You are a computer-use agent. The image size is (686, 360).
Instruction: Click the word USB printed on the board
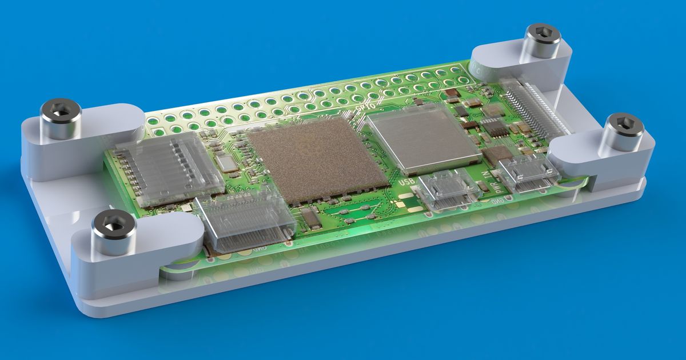(407, 181)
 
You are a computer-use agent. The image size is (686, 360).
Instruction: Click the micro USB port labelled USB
(447, 191)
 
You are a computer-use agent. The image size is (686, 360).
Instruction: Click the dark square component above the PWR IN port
(497, 153)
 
